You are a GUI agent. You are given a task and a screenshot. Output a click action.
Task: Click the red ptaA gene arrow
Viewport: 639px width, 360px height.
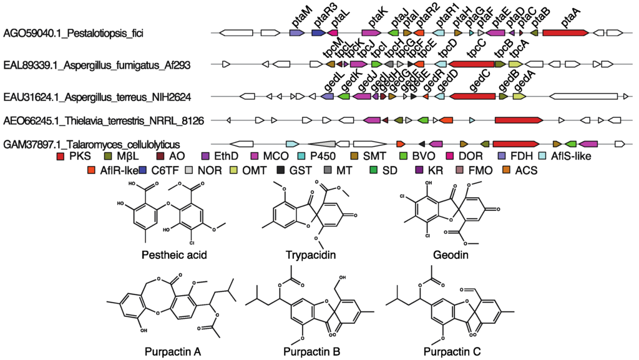(x=565, y=32)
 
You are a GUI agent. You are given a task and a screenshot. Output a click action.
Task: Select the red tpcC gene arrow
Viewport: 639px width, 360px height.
(x=471, y=64)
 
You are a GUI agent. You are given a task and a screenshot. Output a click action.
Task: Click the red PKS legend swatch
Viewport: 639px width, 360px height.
(x=61, y=156)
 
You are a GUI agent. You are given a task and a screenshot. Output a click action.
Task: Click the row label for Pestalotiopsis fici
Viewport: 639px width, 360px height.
(x=73, y=32)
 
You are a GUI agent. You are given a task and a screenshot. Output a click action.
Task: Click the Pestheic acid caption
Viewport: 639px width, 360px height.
(x=165, y=255)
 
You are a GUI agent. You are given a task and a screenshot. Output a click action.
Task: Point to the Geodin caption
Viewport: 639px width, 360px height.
(x=450, y=255)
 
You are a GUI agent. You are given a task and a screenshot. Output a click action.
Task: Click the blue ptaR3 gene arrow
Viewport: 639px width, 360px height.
(x=318, y=32)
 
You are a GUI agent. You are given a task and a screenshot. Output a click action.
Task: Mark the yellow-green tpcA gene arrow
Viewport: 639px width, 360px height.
(x=516, y=64)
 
